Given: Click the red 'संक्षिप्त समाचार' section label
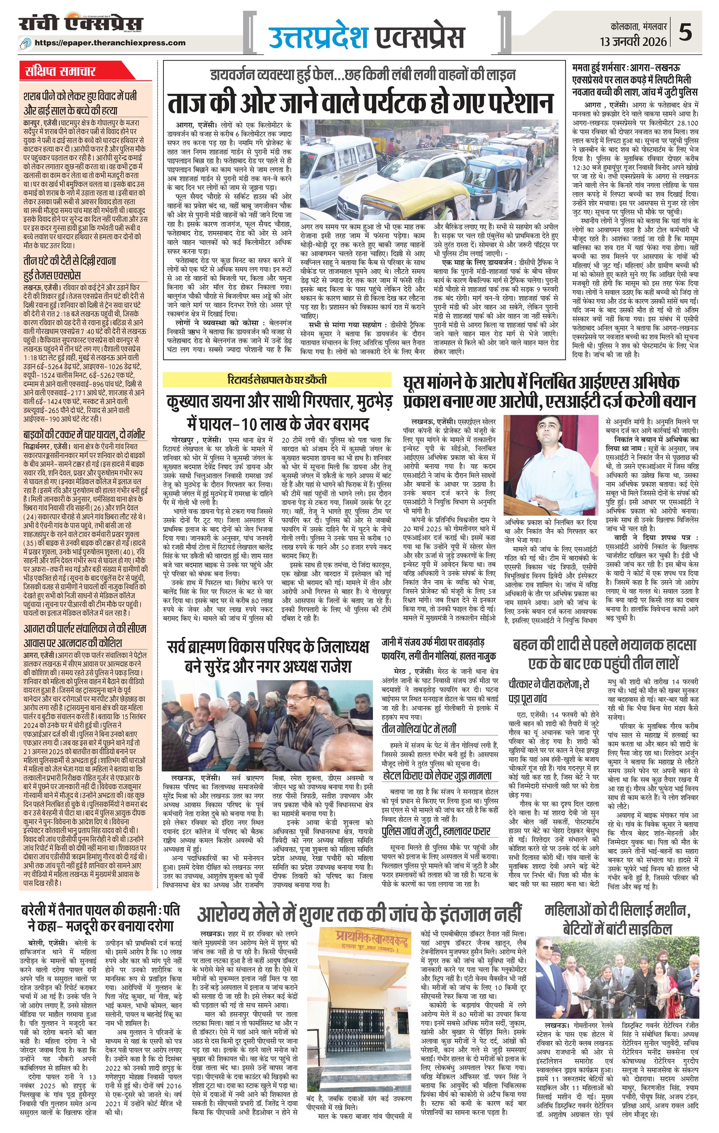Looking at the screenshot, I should tap(61, 72).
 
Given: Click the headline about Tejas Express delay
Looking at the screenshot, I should tap(71, 267).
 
